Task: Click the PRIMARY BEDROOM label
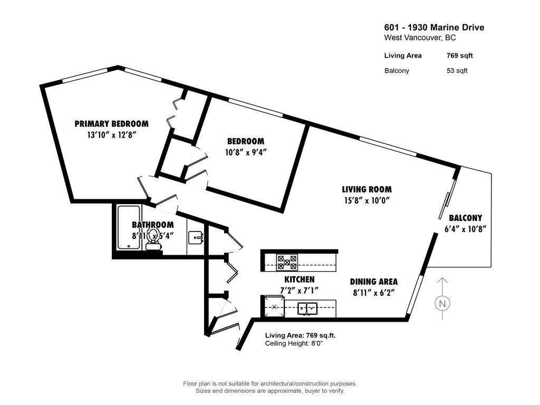pyautogui.click(x=111, y=124)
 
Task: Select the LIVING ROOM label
pyautogui.click(x=367, y=189)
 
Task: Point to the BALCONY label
pyautogui.click(x=465, y=218)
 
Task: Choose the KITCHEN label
pyautogui.click(x=299, y=279)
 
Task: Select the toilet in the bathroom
pyautogui.click(x=153, y=239)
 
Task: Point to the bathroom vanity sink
pyautogui.click(x=196, y=238)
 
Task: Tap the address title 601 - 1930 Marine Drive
pyautogui.click(x=433, y=28)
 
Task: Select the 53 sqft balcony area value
pyautogui.click(x=457, y=71)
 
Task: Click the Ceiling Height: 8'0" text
pyautogui.click(x=293, y=343)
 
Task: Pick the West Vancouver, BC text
pyautogui.click(x=420, y=38)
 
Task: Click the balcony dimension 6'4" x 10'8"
pyautogui.click(x=465, y=229)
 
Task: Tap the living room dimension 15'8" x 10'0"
pyautogui.click(x=367, y=200)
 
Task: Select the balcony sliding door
pyautogui.click(x=447, y=199)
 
